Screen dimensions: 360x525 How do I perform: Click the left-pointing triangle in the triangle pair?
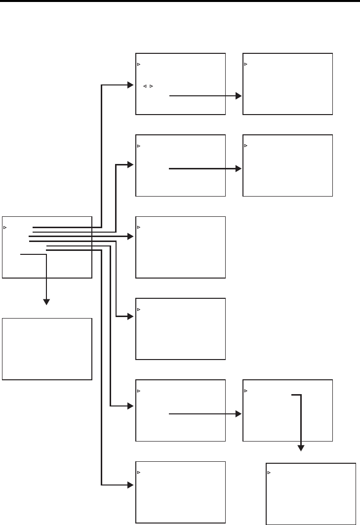(145, 86)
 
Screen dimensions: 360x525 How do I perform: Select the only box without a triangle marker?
(47, 349)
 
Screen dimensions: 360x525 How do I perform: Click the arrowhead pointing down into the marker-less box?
(46, 301)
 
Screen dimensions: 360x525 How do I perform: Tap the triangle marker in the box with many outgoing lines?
(5, 228)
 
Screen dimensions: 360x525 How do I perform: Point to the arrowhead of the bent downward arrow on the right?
(300, 448)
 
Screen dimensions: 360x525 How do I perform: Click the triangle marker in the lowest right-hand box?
(269, 473)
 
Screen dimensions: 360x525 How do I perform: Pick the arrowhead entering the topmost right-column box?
(239, 96)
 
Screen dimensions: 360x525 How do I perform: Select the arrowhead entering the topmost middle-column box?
(131, 85)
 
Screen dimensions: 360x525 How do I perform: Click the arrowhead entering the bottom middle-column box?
(131, 485)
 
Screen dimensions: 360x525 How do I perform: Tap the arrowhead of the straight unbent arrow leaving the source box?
(131, 237)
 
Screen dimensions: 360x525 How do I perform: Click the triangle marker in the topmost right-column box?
(246, 64)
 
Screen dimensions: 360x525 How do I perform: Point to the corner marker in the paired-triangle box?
(139, 64)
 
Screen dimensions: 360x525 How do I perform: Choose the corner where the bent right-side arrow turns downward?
(300, 395)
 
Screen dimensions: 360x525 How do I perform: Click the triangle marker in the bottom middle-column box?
(139, 473)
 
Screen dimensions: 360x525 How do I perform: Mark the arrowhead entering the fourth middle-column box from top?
(131, 316)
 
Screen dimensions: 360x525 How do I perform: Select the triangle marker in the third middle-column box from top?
(139, 227)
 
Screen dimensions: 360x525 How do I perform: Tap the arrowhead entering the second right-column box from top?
(239, 168)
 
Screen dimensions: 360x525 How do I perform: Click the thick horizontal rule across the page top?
(180, 1)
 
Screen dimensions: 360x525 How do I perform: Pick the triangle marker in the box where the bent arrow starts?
(246, 391)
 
